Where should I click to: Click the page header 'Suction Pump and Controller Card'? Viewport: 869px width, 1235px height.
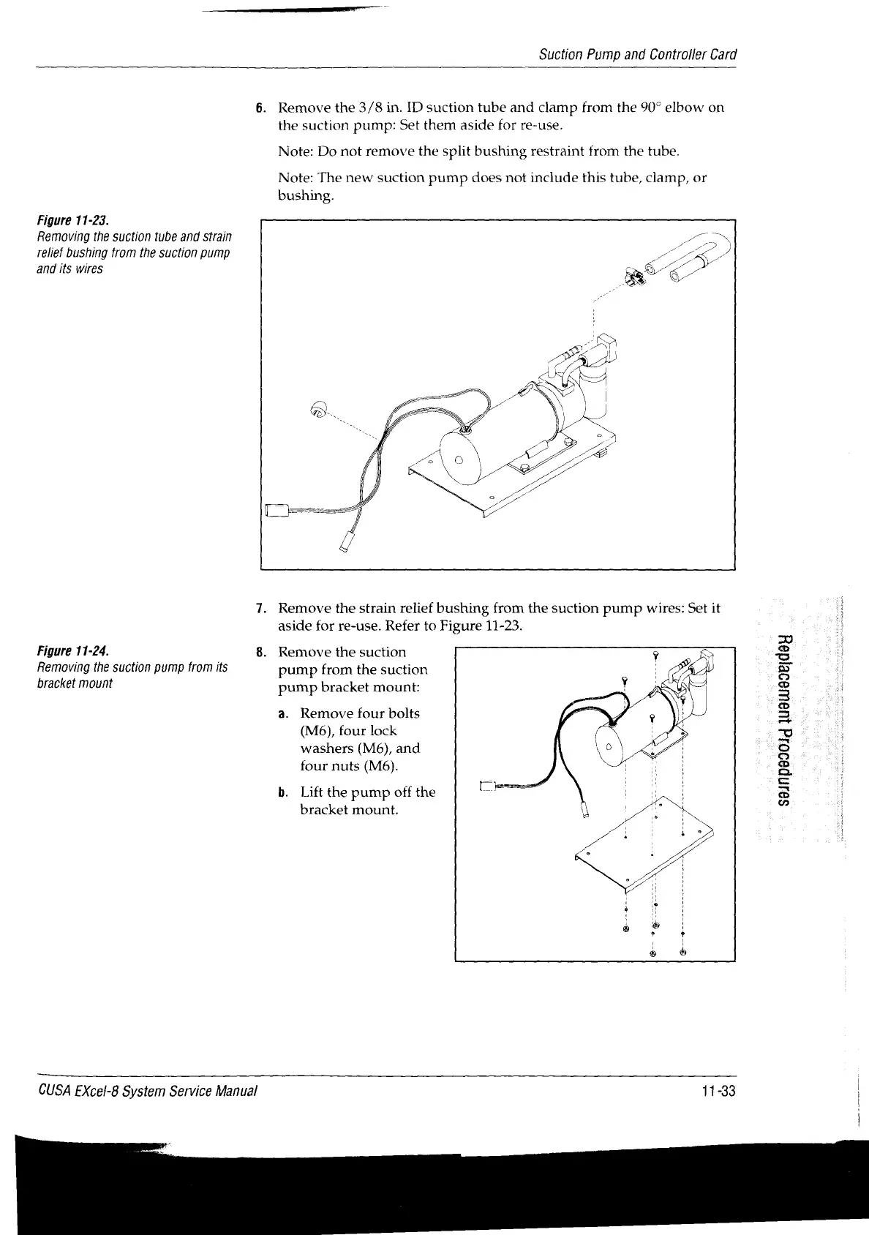point(637,55)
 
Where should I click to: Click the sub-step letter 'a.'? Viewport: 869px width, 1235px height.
point(282,713)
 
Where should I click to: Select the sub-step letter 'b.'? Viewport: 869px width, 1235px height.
point(282,792)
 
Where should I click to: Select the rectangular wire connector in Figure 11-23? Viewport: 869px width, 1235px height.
point(276,510)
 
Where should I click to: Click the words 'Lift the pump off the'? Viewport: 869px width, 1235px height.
point(367,792)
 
